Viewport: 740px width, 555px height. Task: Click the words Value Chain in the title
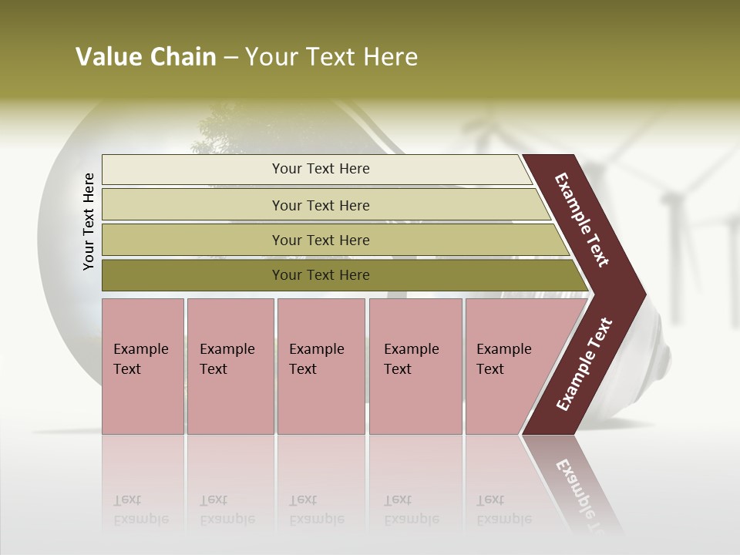pos(146,57)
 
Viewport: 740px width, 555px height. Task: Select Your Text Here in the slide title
pos(331,57)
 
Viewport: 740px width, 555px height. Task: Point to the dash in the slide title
pos(230,58)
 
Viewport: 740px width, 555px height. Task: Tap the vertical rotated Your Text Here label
pos(89,221)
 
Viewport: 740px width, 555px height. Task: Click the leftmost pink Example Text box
pos(143,365)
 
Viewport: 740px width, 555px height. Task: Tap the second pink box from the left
pos(230,365)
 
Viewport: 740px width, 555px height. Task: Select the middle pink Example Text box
pos(321,365)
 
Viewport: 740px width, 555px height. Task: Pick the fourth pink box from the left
pos(415,365)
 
